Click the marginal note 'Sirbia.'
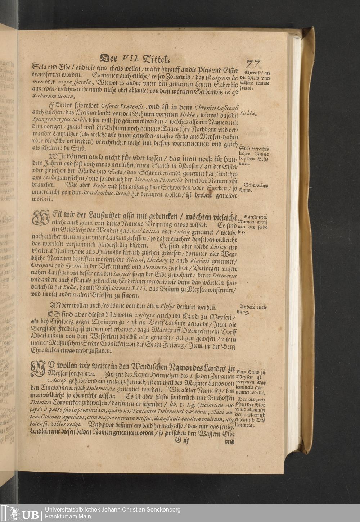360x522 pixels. pos(248,113)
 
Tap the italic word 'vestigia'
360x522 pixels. pos(145,315)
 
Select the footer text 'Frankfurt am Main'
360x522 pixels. pos(68,517)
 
